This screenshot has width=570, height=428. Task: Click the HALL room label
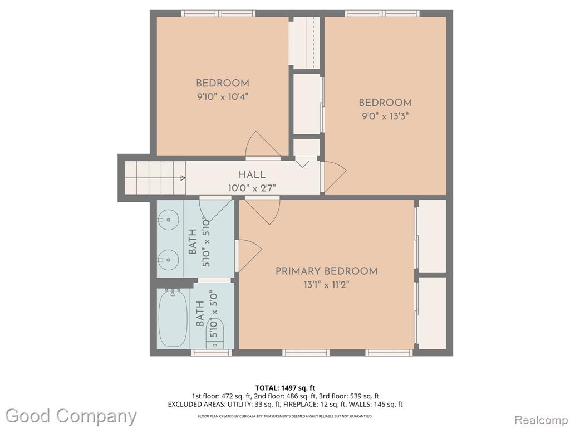click(252, 174)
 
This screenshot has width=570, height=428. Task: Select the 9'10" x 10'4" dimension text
click(223, 97)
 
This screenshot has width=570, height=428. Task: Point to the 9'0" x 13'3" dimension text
click(385, 116)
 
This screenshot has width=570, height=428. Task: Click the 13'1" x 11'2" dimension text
click(326, 285)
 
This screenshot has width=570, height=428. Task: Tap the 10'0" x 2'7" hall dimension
click(252, 188)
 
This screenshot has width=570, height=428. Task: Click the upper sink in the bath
click(168, 220)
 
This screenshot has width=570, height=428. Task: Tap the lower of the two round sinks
click(168, 260)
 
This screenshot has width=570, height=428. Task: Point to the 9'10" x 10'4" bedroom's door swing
click(263, 145)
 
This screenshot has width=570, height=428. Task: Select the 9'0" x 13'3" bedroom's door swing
click(335, 177)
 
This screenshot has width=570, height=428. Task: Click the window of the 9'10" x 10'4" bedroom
click(218, 13)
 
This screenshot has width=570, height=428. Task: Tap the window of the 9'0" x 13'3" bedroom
click(382, 13)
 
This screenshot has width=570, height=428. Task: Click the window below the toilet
click(211, 353)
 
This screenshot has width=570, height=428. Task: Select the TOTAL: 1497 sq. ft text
click(282, 388)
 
